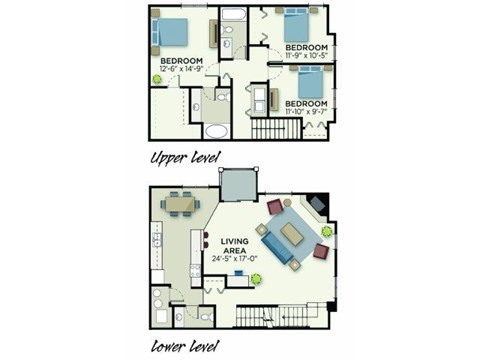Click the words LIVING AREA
[x=227, y=241]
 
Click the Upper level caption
[x=185, y=157]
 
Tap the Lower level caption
[x=185, y=347]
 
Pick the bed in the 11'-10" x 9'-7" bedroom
[x=309, y=82]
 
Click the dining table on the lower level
[x=180, y=203]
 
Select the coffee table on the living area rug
[x=291, y=234]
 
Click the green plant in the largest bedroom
[x=157, y=78]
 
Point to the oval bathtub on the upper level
[x=215, y=131]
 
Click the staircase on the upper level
[x=269, y=129]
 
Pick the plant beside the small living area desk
[x=256, y=279]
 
